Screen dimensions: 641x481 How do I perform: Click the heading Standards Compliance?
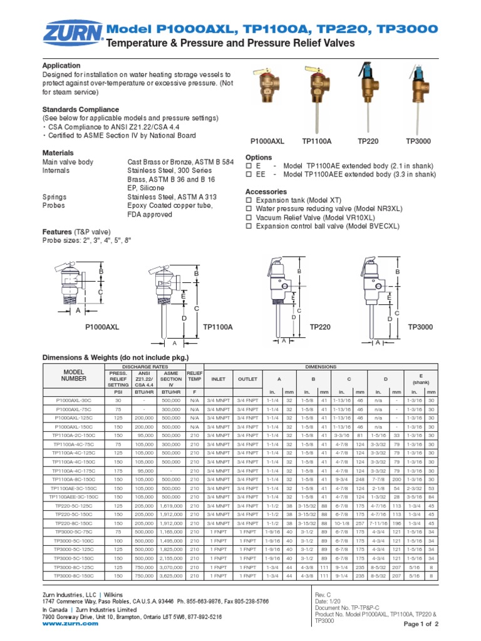(x=76, y=110)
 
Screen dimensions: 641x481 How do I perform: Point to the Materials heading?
(x=58, y=153)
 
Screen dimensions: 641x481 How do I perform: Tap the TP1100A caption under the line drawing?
(x=217, y=327)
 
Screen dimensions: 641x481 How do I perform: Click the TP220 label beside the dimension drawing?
(x=320, y=327)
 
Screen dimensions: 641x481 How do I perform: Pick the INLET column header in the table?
(x=219, y=379)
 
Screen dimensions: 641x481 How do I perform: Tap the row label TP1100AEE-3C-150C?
(x=73, y=496)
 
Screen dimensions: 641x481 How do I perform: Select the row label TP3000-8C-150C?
(x=73, y=575)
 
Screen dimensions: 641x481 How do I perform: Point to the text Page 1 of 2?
(x=421, y=625)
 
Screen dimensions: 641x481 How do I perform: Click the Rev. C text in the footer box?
(x=323, y=595)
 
